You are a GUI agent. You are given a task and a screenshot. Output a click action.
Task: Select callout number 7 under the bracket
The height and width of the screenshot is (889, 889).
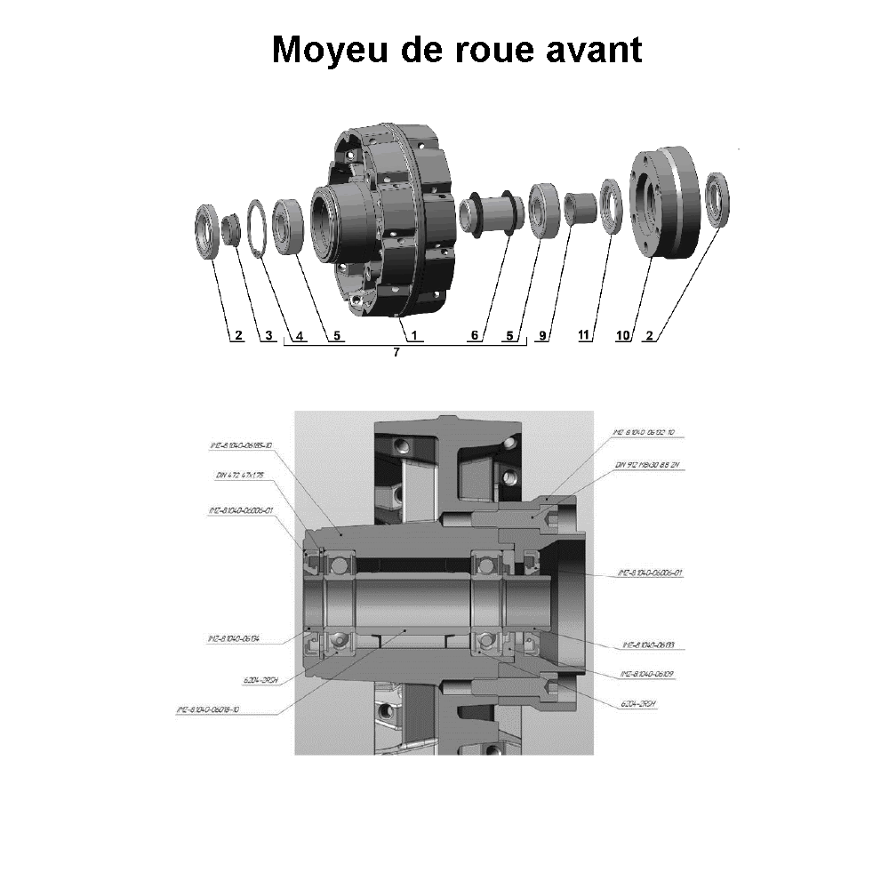coord(396,353)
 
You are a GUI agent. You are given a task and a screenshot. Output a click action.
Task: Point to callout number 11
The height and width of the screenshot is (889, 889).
coord(584,336)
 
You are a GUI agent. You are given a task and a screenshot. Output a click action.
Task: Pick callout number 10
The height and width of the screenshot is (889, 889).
coord(623,336)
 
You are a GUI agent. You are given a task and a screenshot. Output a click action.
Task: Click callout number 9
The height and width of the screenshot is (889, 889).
coord(543,336)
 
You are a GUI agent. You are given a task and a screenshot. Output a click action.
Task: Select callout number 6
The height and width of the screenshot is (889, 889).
coord(475,336)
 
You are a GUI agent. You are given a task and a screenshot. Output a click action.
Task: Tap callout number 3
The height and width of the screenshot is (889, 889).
coord(268,336)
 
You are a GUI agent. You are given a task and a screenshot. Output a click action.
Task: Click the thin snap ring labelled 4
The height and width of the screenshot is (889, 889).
coord(257,228)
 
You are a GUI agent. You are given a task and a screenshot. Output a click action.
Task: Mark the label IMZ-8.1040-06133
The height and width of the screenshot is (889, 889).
coord(648,645)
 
